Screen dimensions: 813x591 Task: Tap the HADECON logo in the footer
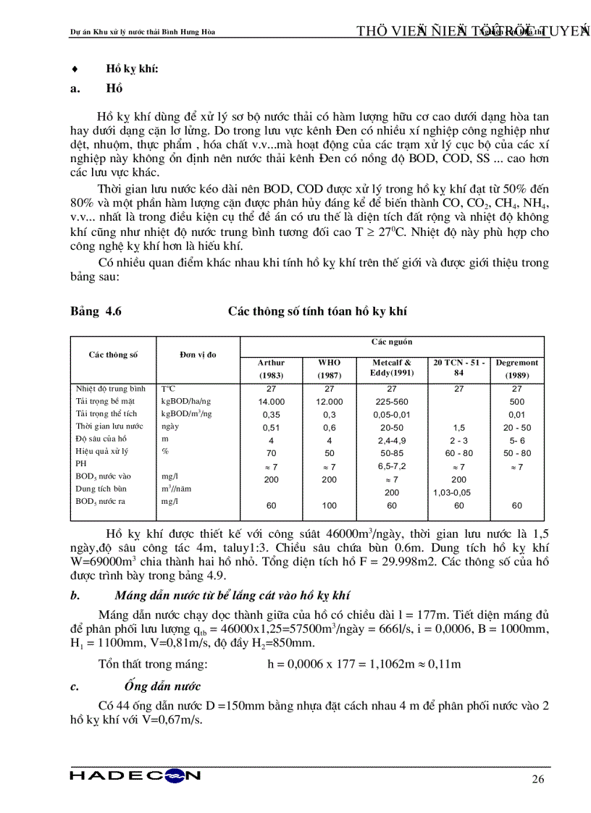click(x=135, y=775)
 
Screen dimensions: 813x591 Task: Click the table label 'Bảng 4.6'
click(x=96, y=311)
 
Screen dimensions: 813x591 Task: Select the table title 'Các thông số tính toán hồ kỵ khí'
click(x=317, y=311)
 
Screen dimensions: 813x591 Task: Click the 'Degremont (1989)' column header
click(x=516, y=368)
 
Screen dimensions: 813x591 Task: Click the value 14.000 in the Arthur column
click(x=271, y=402)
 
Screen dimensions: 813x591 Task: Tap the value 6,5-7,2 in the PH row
click(x=392, y=467)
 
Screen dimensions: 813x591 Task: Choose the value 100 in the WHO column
click(x=329, y=505)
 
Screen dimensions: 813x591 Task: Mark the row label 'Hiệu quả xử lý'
click(x=102, y=451)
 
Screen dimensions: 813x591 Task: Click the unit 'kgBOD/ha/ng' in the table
click(x=186, y=401)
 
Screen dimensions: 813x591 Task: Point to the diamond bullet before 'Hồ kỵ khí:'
click(x=75, y=69)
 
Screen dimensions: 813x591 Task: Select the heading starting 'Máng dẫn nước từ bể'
click(x=232, y=596)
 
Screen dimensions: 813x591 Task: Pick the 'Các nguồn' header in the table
click(x=392, y=342)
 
